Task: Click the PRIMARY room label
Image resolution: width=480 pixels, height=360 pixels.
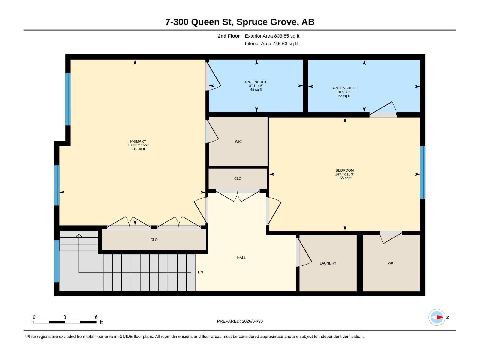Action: click(x=138, y=141)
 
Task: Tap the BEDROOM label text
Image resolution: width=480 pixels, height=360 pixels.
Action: click(x=344, y=170)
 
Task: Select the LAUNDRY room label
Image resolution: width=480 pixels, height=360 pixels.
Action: click(x=328, y=263)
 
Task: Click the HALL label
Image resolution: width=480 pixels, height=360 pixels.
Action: click(x=241, y=257)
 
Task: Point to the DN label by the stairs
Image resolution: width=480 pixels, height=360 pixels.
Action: click(x=200, y=272)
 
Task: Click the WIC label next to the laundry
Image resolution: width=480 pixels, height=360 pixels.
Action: click(x=391, y=263)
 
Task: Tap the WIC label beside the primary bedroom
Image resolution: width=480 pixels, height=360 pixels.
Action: click(x=238, y=141)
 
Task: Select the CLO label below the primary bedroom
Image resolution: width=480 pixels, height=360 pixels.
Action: click(x=154, y=240)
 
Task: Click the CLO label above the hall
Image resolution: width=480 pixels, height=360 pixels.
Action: click(x=238, y=178)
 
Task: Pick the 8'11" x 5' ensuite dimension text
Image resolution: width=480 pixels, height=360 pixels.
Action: click(x=256, y=86)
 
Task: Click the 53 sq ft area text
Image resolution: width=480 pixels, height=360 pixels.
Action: click(x=344, y=96)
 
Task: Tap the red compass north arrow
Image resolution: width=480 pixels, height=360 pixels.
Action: click(x=439, y=317)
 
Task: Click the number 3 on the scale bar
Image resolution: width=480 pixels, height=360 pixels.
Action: click(x=64, y=317)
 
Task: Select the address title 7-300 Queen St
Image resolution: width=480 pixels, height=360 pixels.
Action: click(x=240, y=22)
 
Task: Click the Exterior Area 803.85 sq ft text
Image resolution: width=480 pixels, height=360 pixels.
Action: click(x=272, y=36)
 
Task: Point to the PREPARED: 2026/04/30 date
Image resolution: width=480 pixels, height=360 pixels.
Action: click(x=240, y=321)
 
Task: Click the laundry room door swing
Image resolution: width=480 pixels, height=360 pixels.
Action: click(x=305, y=252)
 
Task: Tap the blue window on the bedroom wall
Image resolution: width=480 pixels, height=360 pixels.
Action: click(x=422, y=172)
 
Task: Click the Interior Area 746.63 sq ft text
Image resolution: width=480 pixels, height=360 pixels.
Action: click(x=271, y=43)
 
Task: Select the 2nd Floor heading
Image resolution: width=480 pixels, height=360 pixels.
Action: click(x=229, y=36)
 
